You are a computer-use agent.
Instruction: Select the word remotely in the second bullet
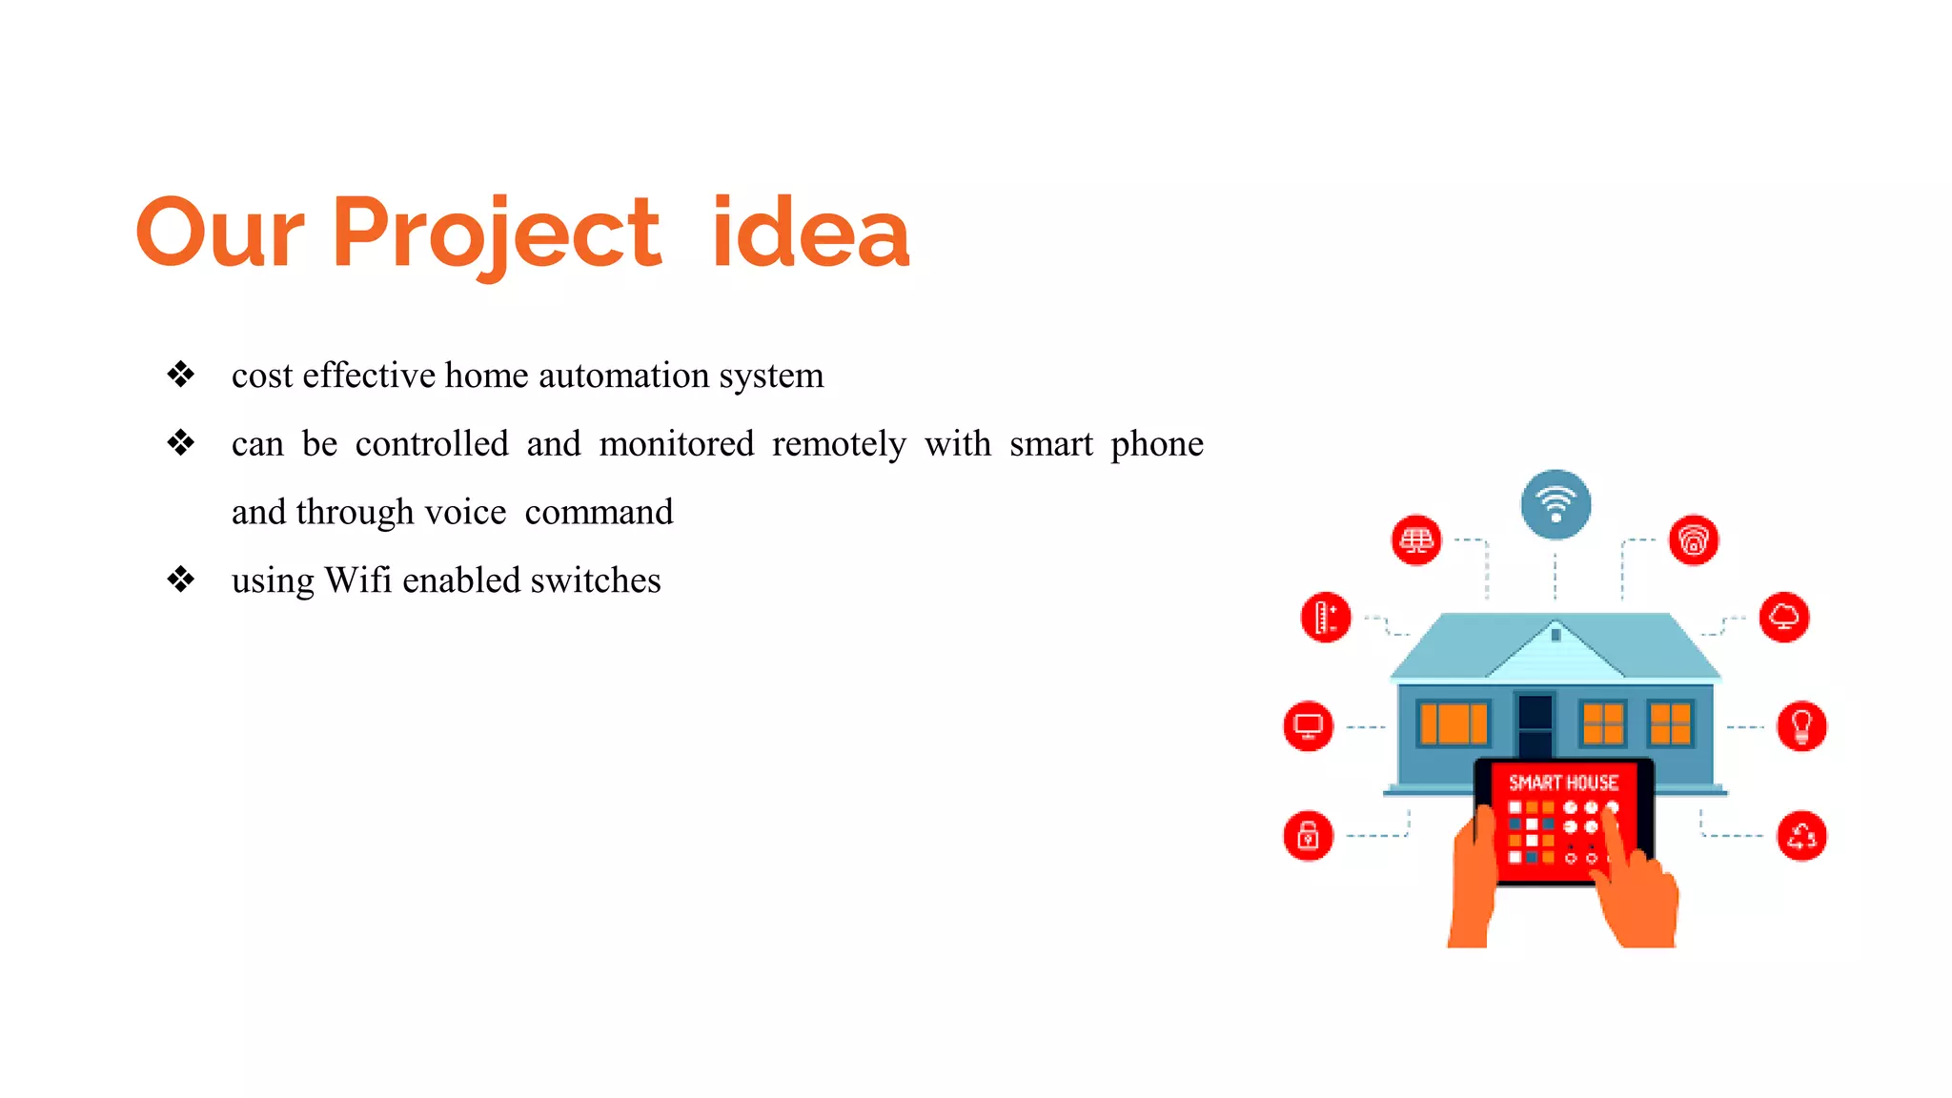click(839, 444)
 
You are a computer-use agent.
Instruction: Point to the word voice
click(465, 513)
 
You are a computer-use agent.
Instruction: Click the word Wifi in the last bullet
click(357, 580)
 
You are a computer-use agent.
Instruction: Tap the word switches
click(596, 580)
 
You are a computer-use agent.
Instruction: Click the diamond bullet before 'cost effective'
click(180, 375)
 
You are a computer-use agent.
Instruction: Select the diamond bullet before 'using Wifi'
click(180, 579)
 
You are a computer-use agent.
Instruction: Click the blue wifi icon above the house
click(1555, 504)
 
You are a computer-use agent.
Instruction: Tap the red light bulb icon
click(1801, 726)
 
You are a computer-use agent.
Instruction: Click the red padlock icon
click(1308, 836)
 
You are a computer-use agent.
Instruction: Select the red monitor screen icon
click(1308, 726)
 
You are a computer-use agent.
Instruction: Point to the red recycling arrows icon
click(1801, 836)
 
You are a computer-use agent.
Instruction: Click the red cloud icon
click(1783, 617)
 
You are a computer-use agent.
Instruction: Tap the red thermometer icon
click(1325, 617)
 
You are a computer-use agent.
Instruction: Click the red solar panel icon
click(1416, 540)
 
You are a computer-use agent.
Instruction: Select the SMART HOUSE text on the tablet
click(1563, 783)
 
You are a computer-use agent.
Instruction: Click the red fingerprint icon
click(1693, 540)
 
